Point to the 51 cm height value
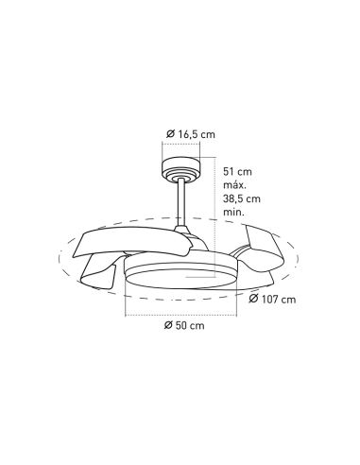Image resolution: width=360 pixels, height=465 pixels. click(x=236, y=172)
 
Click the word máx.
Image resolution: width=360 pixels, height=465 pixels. click(x=233, y=187)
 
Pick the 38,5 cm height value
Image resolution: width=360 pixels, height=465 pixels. click(x=241, y=201)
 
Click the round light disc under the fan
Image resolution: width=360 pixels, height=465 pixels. click(x=180, y=279)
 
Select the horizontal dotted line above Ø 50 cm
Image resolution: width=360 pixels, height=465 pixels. click(x=180, y=309)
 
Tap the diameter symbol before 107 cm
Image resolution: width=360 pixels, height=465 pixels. click(x=255, y=301)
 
